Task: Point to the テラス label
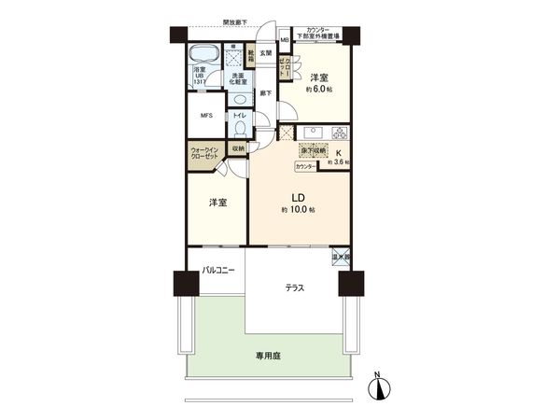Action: click(295, 288)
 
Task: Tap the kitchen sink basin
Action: click(310, 132)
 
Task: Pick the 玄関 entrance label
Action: click(265, 53)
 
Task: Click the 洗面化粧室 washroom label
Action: click(238, 79)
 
